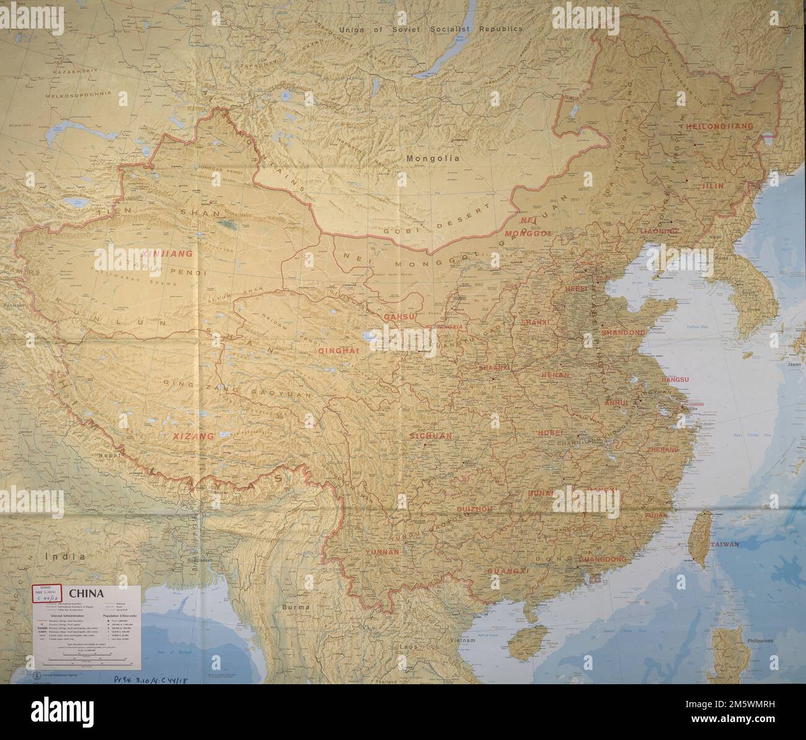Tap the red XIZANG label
(x=193, y=436)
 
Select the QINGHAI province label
(x=339, y=351)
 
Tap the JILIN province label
(x=712, y=185)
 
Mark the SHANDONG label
(x=623, y=333)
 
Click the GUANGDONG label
(x=602, y=559)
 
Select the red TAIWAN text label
(x=725, y=544)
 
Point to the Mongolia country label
(x=433, y=159)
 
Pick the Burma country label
(x=295, y=607)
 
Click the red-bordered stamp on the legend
(x=47, y=594)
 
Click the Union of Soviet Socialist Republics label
(x=431, y=29)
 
